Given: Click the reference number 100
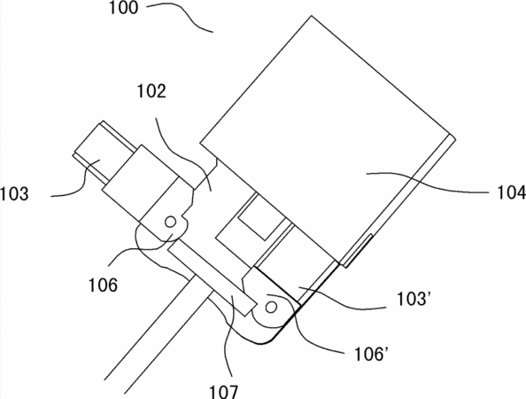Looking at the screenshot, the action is [123, 8].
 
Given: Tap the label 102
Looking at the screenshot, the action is [151, 91].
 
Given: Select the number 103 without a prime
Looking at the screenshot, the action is [14, 194].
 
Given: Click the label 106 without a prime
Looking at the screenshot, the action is [103, 286].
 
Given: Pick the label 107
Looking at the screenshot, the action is [224, 392].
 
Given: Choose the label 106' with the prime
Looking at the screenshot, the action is [371, 354].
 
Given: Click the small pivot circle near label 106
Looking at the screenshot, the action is [170, 222].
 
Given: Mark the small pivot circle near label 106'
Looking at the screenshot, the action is [271, 307].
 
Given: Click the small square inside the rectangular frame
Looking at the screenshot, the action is [261, 217].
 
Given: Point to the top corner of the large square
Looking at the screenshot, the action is [312, 15].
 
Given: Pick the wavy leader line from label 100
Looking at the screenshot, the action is [180, 17].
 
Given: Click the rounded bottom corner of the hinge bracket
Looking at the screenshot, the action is [265, 342].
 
